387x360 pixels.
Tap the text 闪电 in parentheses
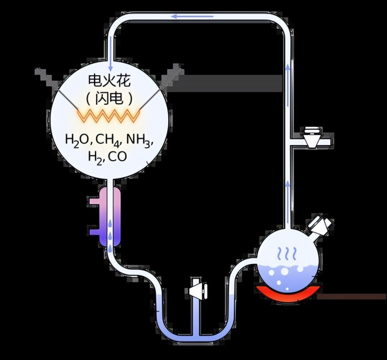pyautogui.click(x=109, y=99)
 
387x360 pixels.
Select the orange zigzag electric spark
pyautogui.click(x=109, y=116)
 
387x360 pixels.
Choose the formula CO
pyautogui.click(x=118, y=156)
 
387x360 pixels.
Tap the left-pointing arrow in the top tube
pyautogui.click(x=192, y=17)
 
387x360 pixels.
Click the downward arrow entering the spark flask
pyautogui.click(x=111, y=53)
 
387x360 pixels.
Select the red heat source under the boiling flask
pyautogui.click(x=289, y=293)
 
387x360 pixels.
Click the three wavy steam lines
pyautogui.click(x=286, y=254)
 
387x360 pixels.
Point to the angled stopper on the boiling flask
pyautogui.click(x=320, y=224)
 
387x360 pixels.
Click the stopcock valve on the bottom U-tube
pyautogui.click(x=198, y=291)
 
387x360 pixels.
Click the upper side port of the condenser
pyautogui.click(x=94, y=201)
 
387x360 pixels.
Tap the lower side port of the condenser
pyautogui.click(x=94, y=233)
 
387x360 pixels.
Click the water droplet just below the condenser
pyautogui.click(x=110, y=249)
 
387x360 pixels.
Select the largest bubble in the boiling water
pyautogui.click(x=284, y=271)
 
